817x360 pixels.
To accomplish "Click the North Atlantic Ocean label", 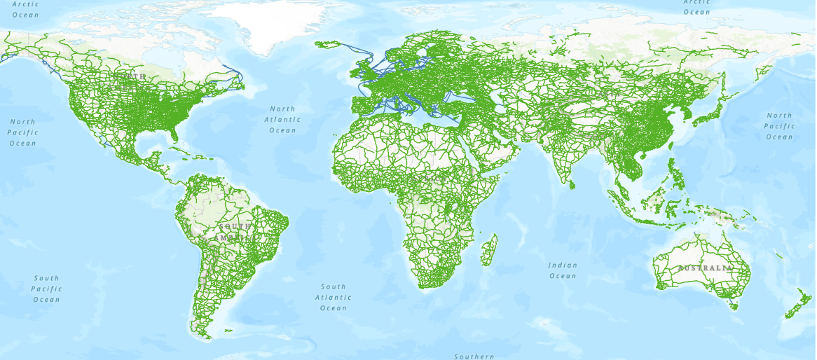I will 282,119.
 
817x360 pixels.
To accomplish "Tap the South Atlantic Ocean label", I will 334,297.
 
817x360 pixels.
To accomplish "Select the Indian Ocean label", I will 563,270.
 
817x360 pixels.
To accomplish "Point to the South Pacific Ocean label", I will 46,289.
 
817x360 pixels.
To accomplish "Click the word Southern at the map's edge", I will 474,356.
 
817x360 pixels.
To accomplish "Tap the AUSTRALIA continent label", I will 704,268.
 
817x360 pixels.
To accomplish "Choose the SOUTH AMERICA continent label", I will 234,233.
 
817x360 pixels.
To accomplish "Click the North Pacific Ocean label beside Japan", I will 779,126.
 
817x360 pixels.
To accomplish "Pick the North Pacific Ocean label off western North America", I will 22,132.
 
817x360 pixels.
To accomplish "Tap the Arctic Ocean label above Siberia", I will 696,8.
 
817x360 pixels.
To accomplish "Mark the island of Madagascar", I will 490,251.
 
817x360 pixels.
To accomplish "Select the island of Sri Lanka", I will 572,184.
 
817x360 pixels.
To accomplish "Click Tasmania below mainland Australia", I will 734,305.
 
